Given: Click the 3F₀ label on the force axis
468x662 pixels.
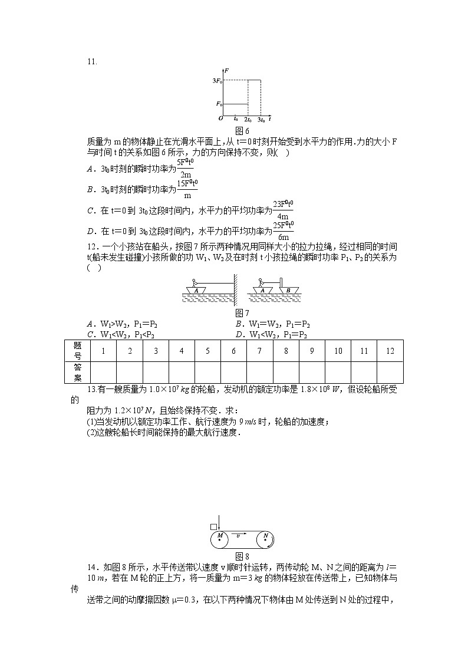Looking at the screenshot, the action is pyautogui.click(x=217, y=80).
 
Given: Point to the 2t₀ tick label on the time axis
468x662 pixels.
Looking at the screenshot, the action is pyautogui.click(x=248, y=120).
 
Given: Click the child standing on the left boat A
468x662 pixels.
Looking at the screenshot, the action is pyautogui.click(x=196, y=284).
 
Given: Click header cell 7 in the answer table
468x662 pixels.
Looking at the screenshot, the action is pyautogui.click(x=259, y=351).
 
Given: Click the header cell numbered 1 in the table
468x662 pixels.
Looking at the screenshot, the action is pyautogui.click(x=103, y=351).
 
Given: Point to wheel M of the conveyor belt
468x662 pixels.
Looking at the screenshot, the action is pyautogui.click(x=220, y=539).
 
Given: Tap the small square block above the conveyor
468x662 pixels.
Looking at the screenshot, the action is pyautogui.click(x=213, y=526).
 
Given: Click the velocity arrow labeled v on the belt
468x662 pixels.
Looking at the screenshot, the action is pyautogui.click(x=238, y=535).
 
